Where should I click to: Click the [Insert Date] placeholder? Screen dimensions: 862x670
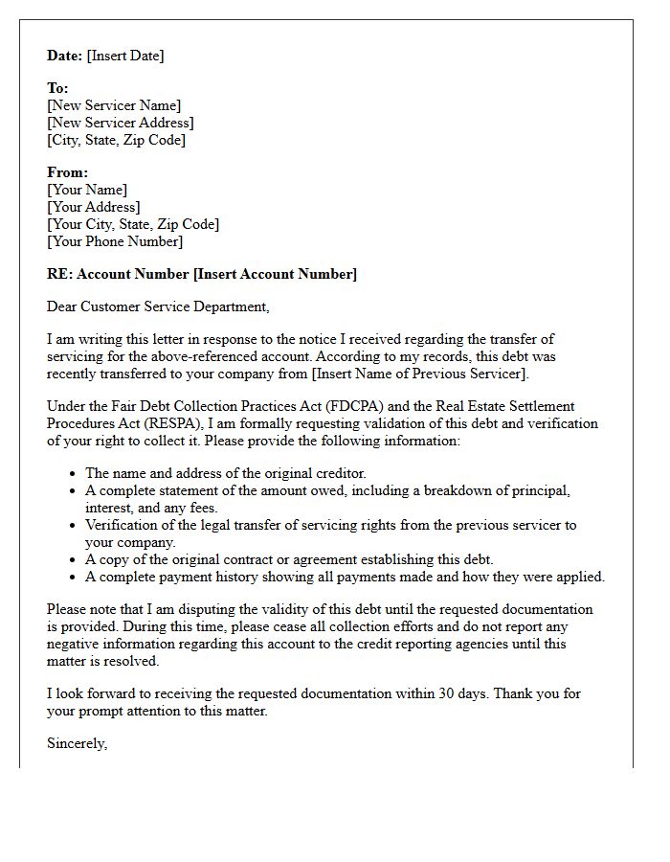coord(125,56)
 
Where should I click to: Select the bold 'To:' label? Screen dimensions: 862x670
coord(57,88)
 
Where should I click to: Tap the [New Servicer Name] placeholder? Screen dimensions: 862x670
coord(114,105)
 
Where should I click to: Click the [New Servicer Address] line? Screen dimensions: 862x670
coord(121,123)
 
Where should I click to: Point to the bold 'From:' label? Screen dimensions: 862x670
coord(67,172)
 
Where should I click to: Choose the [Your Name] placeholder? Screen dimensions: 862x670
coord(87,190)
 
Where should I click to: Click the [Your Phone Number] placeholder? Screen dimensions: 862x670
coord(115,241)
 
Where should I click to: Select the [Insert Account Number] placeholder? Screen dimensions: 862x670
coord(275,274)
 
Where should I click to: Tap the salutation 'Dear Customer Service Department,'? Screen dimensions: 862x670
coord(158,306)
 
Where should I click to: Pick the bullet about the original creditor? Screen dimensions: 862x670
coord(226,473)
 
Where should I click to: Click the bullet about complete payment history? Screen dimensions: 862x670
coord(345,577)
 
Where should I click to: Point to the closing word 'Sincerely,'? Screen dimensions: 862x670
coord(78,743)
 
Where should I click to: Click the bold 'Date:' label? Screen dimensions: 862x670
coord(65,56)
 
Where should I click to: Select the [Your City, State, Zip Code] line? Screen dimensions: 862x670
coord(133,224)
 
